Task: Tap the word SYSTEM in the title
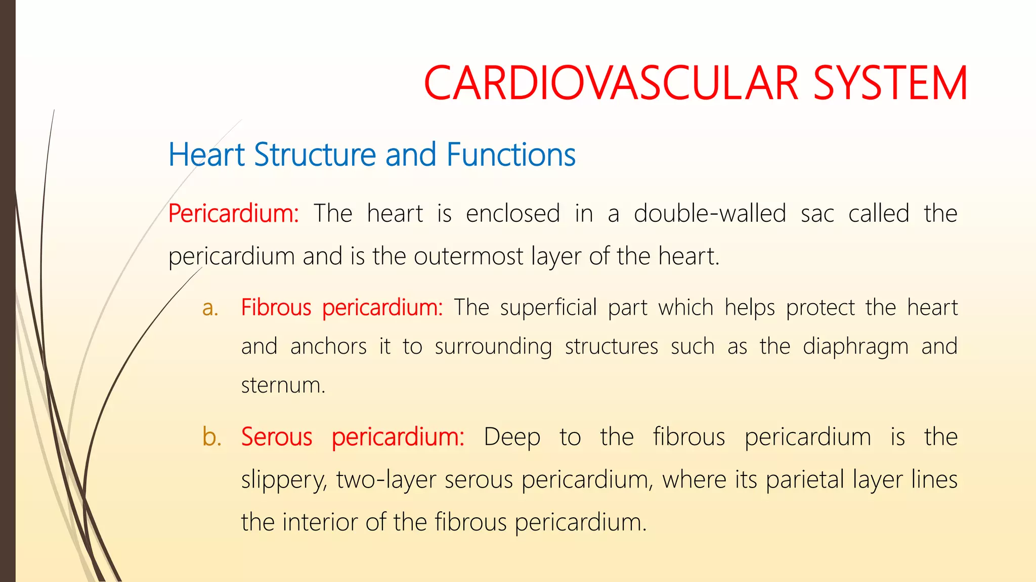coord(890,83)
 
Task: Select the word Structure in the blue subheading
coord(315,155)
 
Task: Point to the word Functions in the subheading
coord(511,155)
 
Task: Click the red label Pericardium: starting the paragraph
coord(233,214)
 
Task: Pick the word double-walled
coord(710,214)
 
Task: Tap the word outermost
coord(468,256)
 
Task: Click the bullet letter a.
coord(210,308)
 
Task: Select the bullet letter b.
coord(211,437)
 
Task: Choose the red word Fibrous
coord(276,308)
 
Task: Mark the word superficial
coord(548,308)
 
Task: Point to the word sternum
coord(283,385)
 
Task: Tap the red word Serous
coord(277,437)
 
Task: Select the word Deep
coord(512,438)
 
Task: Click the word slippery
coord(284,480)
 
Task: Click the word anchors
coord(328,347)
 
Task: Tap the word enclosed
coord(513,214)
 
